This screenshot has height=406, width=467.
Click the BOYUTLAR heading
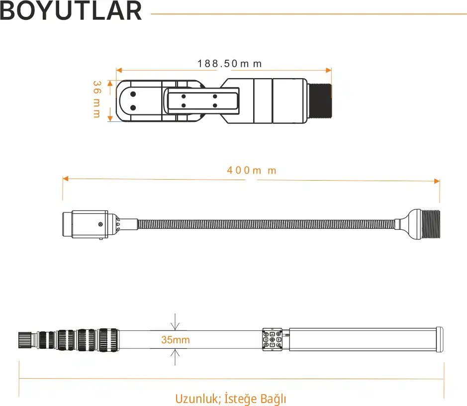71,11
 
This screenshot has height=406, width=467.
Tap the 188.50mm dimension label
230,64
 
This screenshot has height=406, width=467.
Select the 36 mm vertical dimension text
97,99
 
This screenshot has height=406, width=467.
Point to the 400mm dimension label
252,170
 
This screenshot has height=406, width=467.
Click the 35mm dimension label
176,339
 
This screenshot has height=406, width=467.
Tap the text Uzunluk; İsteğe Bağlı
231,399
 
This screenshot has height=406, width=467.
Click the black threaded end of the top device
320,101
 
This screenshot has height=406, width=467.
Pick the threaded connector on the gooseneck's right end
430,224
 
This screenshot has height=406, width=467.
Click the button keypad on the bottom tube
272,339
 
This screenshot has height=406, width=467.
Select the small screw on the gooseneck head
100,224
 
